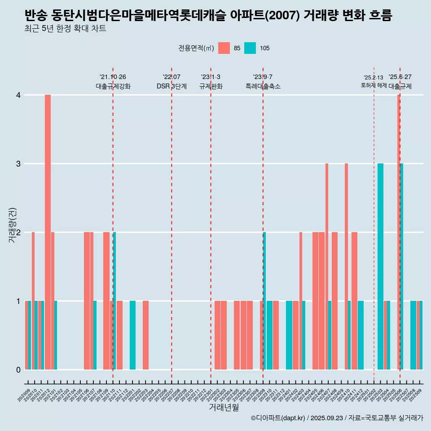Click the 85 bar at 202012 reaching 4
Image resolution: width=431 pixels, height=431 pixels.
(x=48, y=232)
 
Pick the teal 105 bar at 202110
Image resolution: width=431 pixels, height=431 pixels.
(x=114, y=301)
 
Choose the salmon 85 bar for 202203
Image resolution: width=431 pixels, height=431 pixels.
(x=145, y=335)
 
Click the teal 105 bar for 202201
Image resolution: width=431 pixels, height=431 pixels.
(x=132, y=335)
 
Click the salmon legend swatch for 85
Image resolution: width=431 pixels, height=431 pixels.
(x=224, y=48)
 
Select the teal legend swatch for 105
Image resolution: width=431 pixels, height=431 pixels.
(x=250, y=48)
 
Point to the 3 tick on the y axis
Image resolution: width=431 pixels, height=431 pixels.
(x=18, y=164)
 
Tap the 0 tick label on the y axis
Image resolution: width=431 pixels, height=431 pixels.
(x=18, y=369)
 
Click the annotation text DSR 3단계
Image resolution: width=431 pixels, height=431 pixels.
(x=172, y=86)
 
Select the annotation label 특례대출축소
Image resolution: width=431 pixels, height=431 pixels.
(x=263, y=86)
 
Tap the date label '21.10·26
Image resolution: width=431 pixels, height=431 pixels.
(x=113, y=77)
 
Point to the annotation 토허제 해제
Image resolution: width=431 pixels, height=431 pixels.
(x=374, y=85)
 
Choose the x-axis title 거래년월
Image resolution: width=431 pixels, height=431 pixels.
(x=224, y=408)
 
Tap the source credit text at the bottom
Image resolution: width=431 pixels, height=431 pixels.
(x=337, y=418)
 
